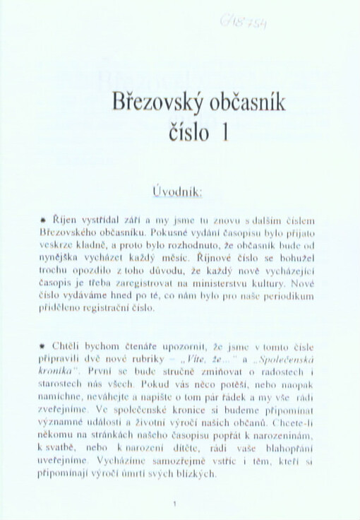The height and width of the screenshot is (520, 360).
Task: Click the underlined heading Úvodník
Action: click(178, 191)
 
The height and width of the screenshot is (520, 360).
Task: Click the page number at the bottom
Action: click(174, 503)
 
